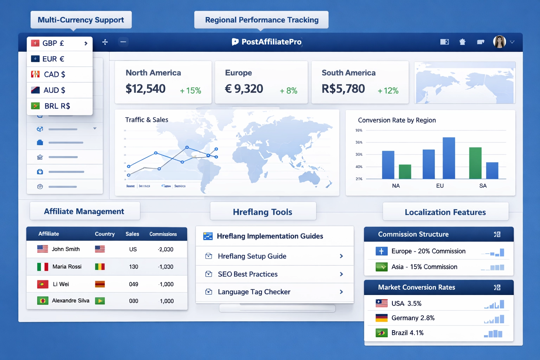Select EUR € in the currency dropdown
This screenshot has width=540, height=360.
click(53, 59)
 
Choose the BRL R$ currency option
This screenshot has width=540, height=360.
click(57, 106)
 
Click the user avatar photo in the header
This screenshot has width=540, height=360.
click(499, 42)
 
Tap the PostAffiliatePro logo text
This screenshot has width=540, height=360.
click(271, 42)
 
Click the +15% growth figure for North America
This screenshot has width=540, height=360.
click(191, 91)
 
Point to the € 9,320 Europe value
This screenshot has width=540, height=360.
click(244, 89)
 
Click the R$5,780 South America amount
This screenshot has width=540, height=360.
click(343, 89)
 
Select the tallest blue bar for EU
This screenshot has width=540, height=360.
click(449, 158)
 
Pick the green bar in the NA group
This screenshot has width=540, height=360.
click(405, 172)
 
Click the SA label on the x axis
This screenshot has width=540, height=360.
click(483, 186)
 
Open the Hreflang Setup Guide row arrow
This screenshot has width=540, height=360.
click(341, 256)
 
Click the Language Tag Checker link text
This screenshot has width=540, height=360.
click(254, 292)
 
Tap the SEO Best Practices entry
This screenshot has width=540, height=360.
click(247, 274)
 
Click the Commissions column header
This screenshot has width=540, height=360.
click(163, 234)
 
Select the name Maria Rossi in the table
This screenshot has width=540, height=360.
click(67, 266)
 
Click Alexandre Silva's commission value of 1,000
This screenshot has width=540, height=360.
click(167, 301)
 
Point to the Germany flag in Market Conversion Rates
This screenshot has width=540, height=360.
click(381, 318)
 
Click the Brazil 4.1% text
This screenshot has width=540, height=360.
click(407, 333)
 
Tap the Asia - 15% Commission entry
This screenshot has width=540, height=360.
click(424, 267)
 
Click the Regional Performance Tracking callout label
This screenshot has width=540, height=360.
click(262, 20)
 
